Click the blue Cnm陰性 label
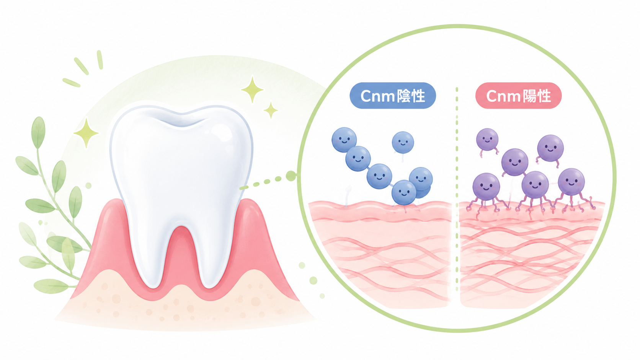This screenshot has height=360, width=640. tap(393, 96)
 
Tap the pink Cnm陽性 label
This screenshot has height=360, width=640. tap(518, 96)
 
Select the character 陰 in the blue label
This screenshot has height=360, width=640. tap(404, 96)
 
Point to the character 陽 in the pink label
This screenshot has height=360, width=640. tap(530, 96)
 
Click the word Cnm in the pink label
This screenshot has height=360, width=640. tap(503, 96)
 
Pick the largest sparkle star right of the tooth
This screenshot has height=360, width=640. tap(252, 90)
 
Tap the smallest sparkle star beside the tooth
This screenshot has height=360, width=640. tap(271, 110)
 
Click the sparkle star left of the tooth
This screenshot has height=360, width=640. tap(86, 133)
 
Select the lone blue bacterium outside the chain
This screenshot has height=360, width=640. tap(403, 142)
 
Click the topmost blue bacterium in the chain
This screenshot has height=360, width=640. tap(344, 140)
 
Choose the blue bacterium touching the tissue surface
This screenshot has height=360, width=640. tap(404, 192)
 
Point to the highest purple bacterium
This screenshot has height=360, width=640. tap(487, 139)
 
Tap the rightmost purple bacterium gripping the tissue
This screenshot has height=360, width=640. tap(571, 182)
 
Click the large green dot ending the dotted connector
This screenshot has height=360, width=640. tap(291, 176)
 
